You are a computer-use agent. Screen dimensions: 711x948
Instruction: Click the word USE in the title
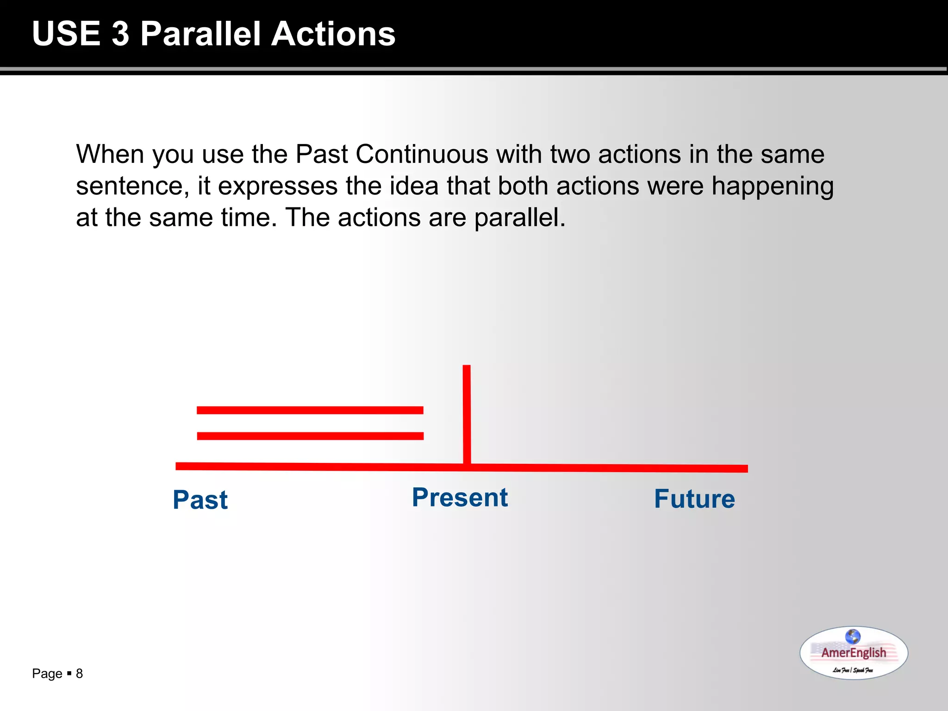(x=66, y=34)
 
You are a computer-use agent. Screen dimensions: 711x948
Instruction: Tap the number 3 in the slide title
(x=120, y=34)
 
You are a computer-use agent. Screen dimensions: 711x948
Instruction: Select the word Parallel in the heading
(x=200, y=34)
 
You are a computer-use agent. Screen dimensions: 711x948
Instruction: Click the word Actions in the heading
(x=333, y=34)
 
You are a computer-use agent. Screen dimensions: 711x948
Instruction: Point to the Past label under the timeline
(x=200, y=500)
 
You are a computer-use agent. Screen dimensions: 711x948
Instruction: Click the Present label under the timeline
(x=460, y=498)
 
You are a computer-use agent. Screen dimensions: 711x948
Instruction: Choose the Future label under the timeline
(x=694, y=499)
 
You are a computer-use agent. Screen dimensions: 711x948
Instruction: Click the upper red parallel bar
(x=310, y=410)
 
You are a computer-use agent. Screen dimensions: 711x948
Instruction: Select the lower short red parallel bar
(x=310, y=436)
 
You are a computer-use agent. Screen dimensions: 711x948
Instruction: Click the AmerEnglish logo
(x=854, y=653)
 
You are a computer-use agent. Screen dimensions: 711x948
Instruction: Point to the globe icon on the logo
(x=853, y=636)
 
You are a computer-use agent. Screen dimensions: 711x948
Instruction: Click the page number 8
(x=79, y=674)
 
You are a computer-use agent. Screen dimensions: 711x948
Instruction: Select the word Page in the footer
(x=47, y=674)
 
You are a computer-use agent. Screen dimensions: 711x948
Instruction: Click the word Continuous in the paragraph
(x=422, y=154)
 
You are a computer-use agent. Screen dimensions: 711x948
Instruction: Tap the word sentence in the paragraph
(x=132, y=186)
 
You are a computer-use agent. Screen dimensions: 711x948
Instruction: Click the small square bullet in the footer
(x=69, y=673)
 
